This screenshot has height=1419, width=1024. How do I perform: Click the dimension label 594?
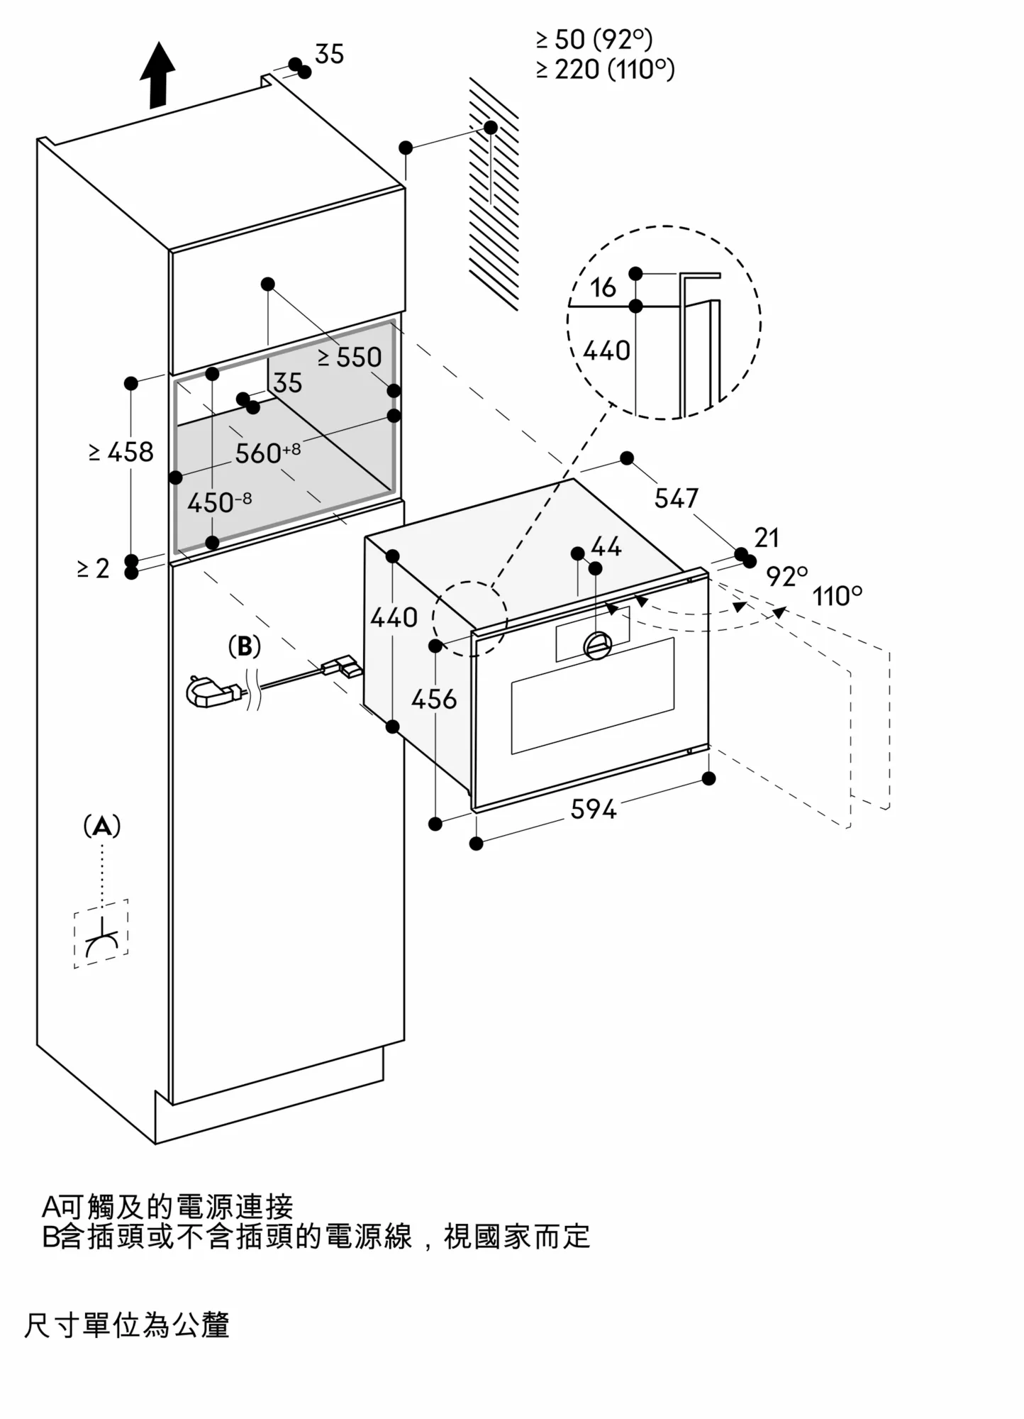593,809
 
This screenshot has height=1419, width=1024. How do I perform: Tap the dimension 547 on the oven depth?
676,499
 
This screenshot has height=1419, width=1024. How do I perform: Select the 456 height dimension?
434,700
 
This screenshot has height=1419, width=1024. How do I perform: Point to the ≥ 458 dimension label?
121,452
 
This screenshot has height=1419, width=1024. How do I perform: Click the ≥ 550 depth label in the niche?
350,358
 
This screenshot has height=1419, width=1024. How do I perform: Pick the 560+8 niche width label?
267,453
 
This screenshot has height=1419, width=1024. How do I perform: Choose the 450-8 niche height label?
218,502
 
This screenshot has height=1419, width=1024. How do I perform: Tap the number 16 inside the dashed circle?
603,288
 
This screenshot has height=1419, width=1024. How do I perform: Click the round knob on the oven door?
597,644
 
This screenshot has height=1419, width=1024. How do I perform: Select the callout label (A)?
102,827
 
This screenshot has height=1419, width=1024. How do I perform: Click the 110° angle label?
837,596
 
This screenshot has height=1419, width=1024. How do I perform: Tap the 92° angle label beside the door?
786,576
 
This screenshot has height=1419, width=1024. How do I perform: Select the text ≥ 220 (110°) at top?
606,70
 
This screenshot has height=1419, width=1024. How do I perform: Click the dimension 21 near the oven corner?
767,538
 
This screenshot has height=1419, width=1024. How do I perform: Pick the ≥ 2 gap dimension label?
94,568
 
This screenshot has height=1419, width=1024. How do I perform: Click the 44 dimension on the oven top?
606,546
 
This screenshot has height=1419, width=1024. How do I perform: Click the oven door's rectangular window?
593,695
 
